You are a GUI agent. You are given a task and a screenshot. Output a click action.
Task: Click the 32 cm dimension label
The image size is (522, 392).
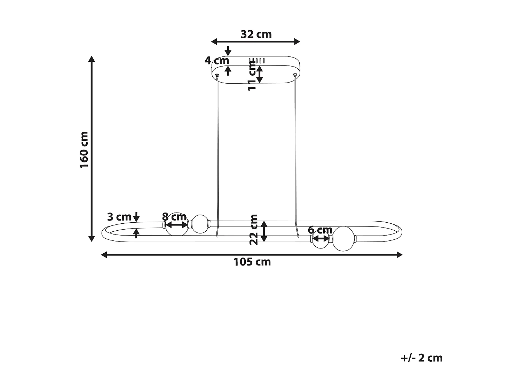pos(256,34)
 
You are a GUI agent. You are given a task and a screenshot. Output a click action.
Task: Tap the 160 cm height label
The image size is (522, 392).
pos(84,150)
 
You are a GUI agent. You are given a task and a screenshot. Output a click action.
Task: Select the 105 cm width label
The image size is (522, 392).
pos(252,262)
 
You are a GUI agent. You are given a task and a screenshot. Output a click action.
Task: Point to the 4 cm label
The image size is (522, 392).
pos(216,60)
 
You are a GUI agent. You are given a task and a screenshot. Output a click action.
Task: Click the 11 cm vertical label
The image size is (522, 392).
pos(252,75)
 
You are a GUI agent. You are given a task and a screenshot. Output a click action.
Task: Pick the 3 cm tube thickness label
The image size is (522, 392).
pos(119,217)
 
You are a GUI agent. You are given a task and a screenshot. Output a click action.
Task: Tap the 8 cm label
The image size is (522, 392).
pos(174,217)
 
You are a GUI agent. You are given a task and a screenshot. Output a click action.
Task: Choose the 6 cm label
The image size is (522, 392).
pos(320,230)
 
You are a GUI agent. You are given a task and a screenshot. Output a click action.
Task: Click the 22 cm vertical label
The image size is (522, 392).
pos(254,230)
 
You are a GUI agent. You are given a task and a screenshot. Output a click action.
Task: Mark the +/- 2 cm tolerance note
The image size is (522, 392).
pos(421,358)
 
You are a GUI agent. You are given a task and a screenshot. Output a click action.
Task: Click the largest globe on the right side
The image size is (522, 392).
pos(343,239)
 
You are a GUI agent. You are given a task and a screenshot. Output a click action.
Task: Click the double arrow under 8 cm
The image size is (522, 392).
pos(177,225)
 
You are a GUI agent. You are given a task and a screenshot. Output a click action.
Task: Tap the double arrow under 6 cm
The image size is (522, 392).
pos(321,239)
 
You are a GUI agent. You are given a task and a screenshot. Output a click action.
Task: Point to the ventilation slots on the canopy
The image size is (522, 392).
pos(257,61)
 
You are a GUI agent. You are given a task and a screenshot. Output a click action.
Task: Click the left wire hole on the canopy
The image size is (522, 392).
pos(217,75)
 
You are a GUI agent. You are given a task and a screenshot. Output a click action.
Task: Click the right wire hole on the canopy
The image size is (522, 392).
pos(295,75)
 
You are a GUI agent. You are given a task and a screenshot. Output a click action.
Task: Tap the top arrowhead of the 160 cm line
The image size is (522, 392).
pos(92,58)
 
